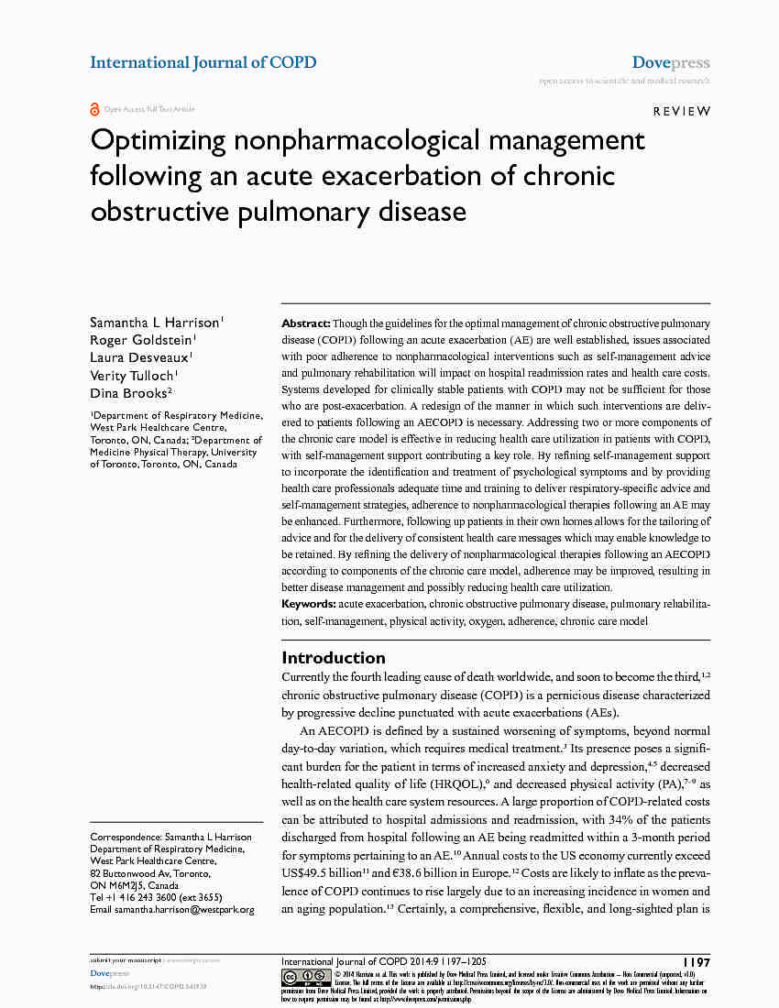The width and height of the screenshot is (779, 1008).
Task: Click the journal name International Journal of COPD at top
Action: click(x=203, y=62)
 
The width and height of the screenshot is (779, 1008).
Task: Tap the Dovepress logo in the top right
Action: click(x=671, y=62)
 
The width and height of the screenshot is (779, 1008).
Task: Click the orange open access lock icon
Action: click(x=94, y=109)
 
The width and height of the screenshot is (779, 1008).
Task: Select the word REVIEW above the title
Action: click(x=681, y=111)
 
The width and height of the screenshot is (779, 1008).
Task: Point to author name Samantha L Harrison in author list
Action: click(x=154, y=323)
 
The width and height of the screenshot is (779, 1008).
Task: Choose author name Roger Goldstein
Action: click(x=140, y=340)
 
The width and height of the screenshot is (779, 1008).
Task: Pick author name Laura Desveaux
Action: click(x=139, y=357)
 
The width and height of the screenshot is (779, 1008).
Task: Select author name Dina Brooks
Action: click(x=127, y=392)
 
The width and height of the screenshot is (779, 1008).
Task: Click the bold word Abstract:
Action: click(x=305, y=323)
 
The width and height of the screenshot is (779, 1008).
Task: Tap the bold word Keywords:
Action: click(x=309, y=604)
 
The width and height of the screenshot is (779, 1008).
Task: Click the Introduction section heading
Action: click(x=333, y=657)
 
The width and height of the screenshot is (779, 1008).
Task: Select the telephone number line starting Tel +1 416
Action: click(x=156, y=898)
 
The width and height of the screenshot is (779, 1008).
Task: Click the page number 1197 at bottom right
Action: click(x=697, y=962)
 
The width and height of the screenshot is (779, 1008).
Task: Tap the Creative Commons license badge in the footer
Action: click(x=305, y=976)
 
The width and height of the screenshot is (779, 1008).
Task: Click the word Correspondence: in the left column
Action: click(x=125, y=838)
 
